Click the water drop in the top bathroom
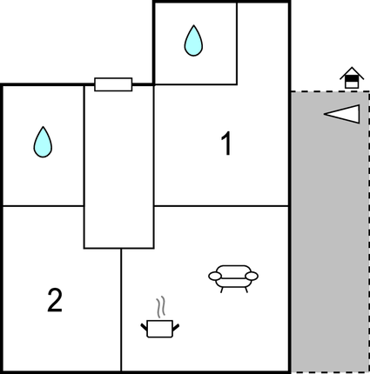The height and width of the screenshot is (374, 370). tap(193, 40)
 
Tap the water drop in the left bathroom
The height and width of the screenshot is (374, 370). tap(42, 142)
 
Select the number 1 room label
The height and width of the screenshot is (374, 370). tap(225, 144)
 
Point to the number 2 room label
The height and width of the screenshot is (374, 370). tap(55, 301)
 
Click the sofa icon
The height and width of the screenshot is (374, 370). tap(233, 277)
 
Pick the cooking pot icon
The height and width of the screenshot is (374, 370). tap(159, 328)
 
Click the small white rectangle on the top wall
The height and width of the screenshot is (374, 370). tap(113, 84)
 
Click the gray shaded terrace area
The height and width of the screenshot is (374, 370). tap(328, 244)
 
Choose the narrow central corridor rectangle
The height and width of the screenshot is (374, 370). tap(118, 165)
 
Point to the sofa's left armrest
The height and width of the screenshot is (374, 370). tap(214, 276)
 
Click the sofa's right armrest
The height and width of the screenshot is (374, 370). tap(252, 276)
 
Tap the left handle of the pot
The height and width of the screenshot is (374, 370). tap(144, 325)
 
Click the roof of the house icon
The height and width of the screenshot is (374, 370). tap(350, 72)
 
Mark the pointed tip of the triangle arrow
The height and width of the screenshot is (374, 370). tap(326, 114)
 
